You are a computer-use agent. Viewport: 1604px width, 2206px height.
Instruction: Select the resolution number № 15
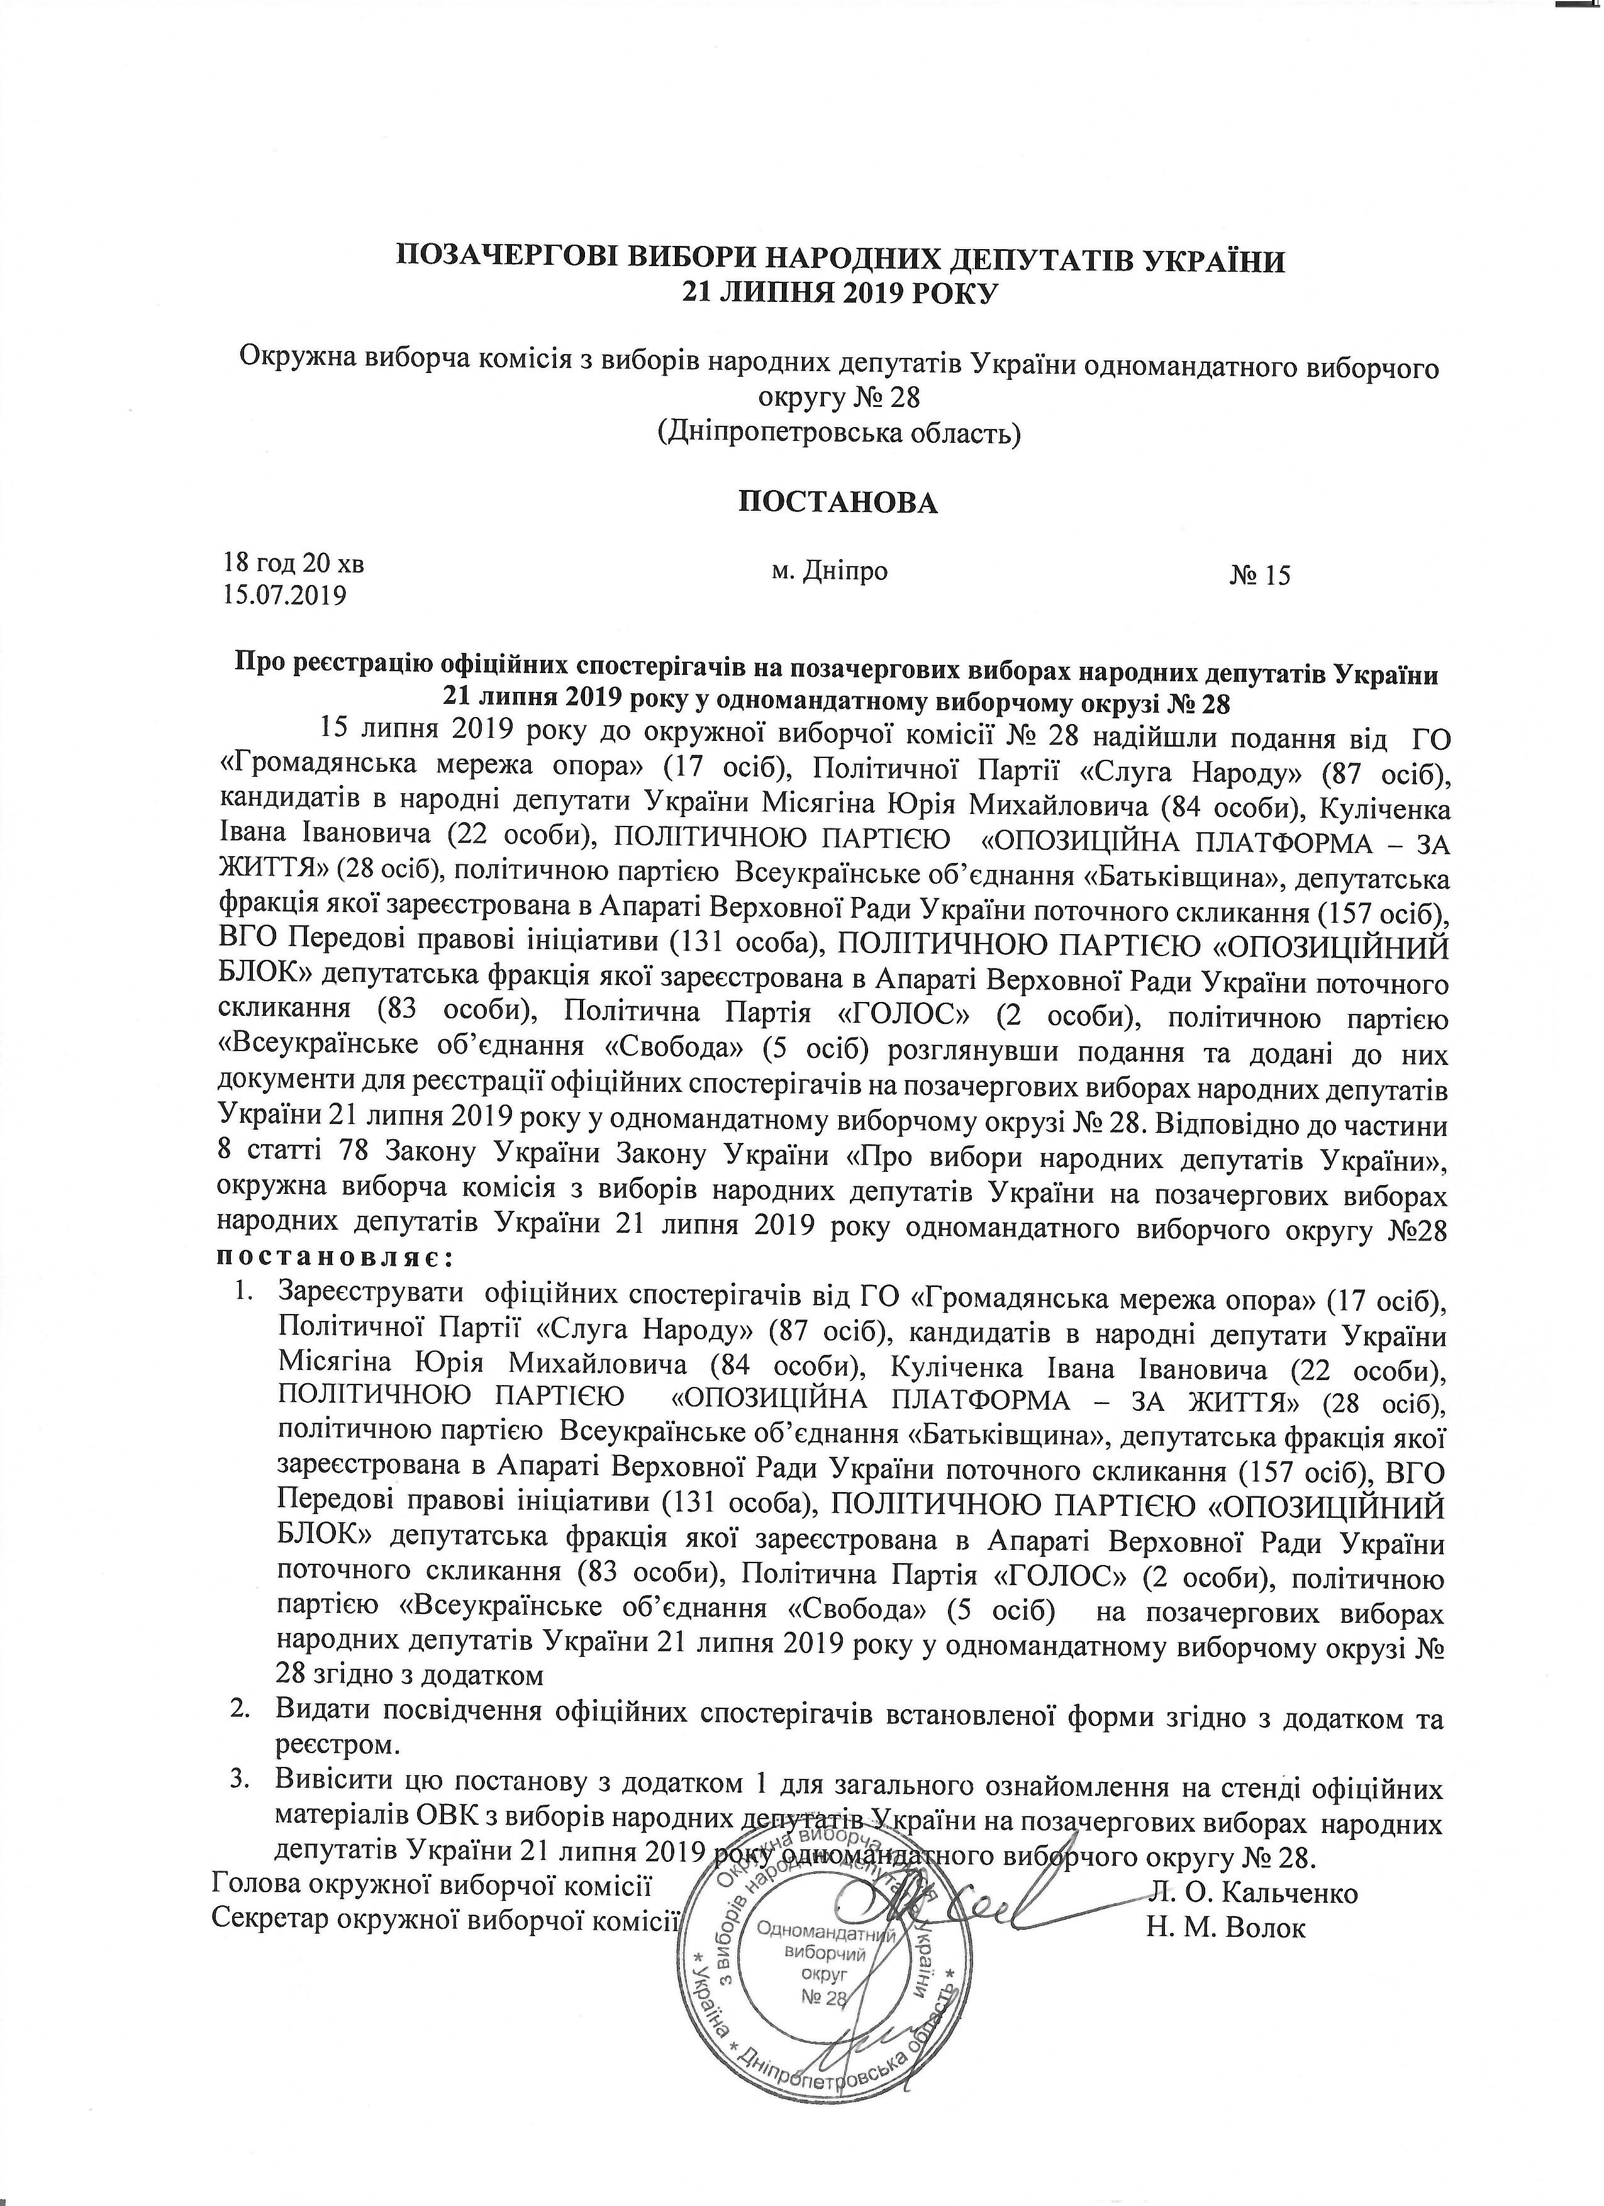point(1260,575)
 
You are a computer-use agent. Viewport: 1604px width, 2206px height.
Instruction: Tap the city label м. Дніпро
point(829,571)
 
